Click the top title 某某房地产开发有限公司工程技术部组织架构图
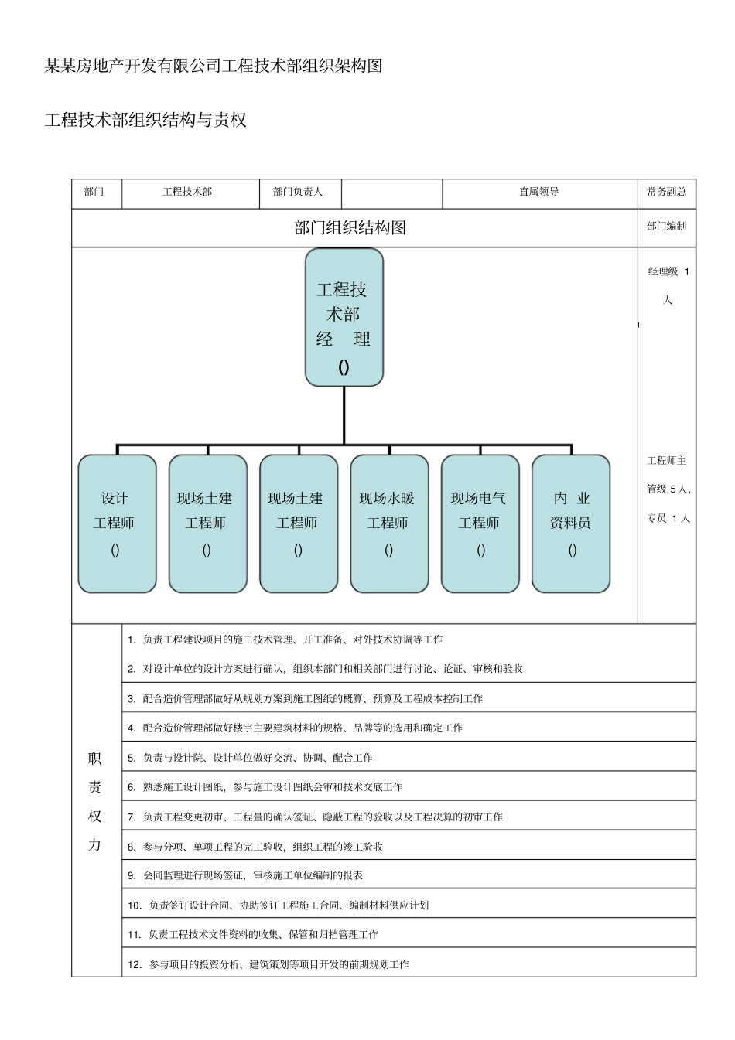[x=214, y=66]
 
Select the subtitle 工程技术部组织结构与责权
[x=145, y=121]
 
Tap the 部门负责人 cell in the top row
[x=298, y=192]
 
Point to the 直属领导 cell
[x=538, y=192]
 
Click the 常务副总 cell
[x=666, y=192]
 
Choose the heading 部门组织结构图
[x=350, y=227]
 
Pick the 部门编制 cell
[x=666, y=227]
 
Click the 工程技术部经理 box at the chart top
[x=344, y=317]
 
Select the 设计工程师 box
[x=117, y=523]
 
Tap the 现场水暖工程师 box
[x=388, y=523]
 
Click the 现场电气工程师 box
[x=480, y=523]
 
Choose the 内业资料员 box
[x=571, y=523]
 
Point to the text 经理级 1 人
[x=668, y=285]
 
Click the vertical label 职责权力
[x=95, y=801]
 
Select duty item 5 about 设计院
[x=250, y=758]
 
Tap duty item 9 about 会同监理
[x=245, y=875]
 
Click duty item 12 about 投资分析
[x=268, y=964]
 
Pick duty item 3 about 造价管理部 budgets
[x=305, y=698]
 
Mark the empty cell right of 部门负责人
[x=391, y=192]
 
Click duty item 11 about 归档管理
[x=253, y=934]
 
